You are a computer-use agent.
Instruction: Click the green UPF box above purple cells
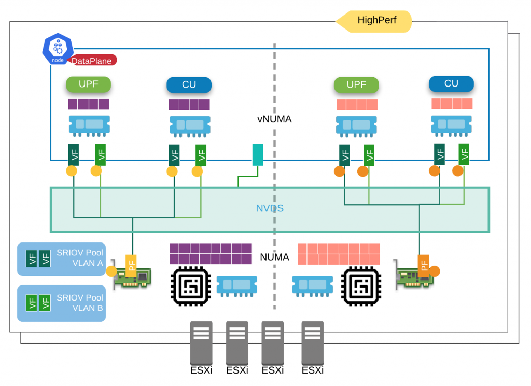coord(89,84)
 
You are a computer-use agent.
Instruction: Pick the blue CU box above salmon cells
coord(451,83)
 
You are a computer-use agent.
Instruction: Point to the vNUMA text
coord(274,119)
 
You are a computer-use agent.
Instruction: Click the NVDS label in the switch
coord(269,209)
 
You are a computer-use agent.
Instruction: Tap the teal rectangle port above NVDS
coord(258,155)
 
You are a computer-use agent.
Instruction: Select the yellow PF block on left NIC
coord(132,266)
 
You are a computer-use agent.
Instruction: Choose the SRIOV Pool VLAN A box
coord(61,259)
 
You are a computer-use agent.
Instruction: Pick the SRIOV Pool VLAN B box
coord(61,303)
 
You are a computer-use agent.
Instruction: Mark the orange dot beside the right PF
coord(435,270)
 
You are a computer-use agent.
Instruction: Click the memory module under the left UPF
coord(89,125)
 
